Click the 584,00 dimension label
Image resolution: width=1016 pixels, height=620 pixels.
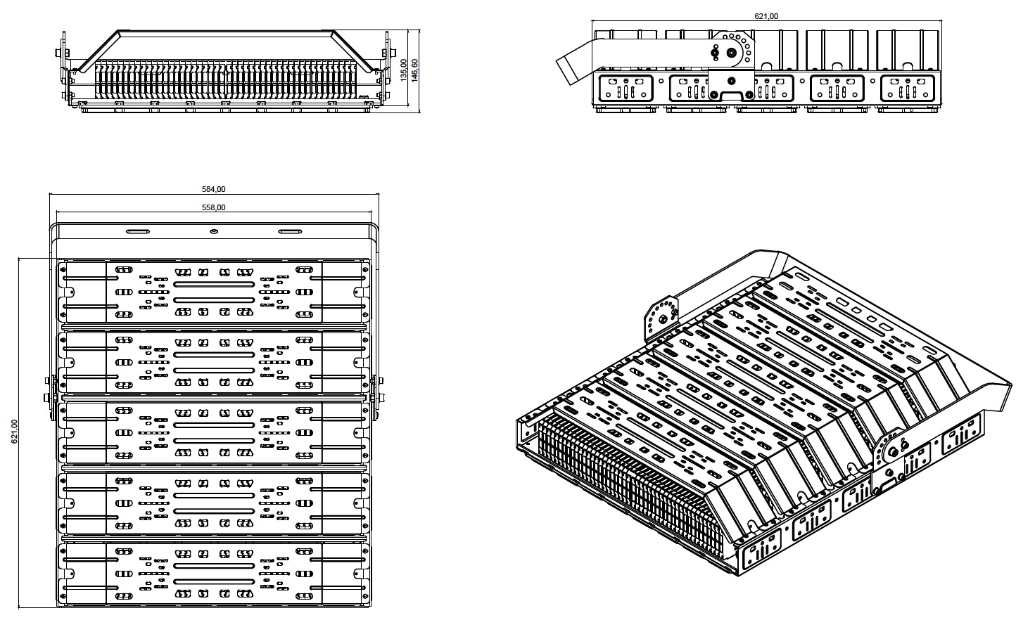(214, 189)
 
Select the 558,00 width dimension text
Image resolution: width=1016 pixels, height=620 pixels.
(214, 207)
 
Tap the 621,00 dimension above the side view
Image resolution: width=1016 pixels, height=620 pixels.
(766, 16)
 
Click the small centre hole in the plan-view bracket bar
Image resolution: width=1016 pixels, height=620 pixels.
(214, 231)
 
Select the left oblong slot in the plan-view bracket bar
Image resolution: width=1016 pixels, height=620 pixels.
(137, 231)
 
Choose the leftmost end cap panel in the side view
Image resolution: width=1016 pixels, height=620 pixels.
(624, 89)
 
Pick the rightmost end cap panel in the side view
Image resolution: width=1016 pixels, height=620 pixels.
(909, 89)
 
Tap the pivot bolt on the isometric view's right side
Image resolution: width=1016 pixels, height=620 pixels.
(894, 451)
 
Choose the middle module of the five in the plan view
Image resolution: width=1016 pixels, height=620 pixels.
(214, 432)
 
